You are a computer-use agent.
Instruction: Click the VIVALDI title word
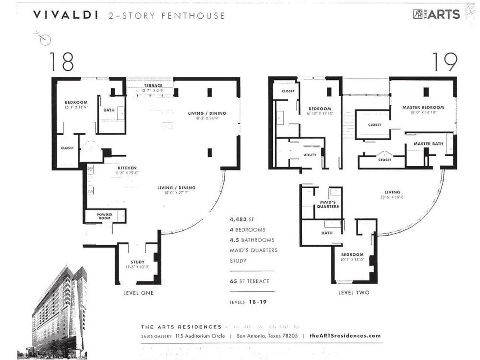[65, 15]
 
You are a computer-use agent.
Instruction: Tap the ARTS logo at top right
[436, 14]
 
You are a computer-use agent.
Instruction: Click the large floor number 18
[61, 62]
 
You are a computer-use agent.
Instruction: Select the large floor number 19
[445, 62]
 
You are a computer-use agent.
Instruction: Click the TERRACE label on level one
[153, 86]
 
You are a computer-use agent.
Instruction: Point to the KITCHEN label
[127, 168]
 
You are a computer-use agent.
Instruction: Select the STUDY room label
[137, 262]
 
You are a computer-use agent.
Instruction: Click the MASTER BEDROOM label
[423, 107]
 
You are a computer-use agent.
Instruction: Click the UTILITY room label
[310, 155]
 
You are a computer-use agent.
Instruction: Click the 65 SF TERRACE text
[249, 281]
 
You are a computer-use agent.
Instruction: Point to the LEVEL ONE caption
[138, 293]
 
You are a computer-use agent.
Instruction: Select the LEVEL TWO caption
[354, 293]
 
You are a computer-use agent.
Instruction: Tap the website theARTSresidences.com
[345, 336]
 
